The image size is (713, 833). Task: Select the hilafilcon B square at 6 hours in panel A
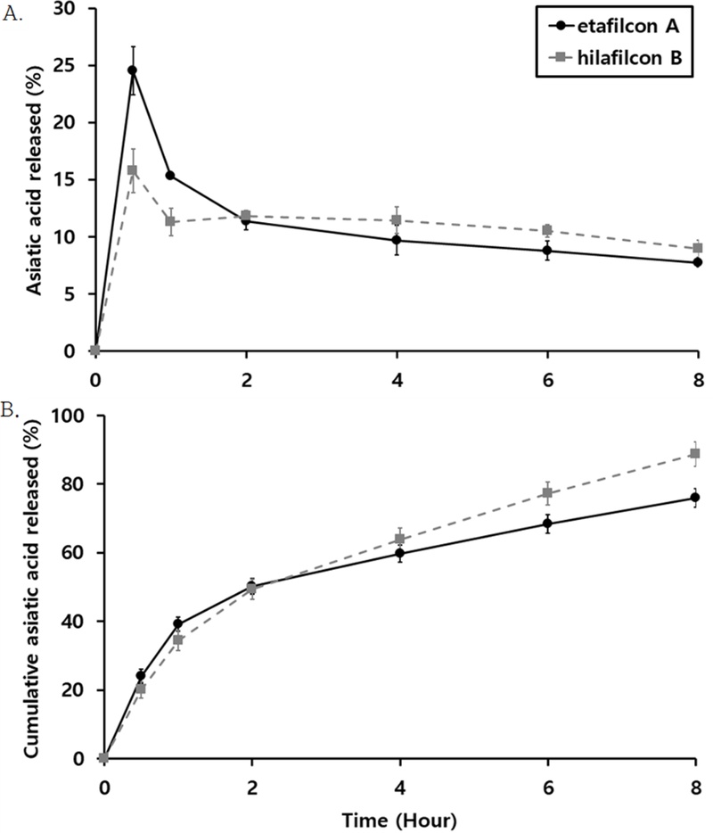tap(547, 230)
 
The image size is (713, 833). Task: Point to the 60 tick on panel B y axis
tap(78, 553)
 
